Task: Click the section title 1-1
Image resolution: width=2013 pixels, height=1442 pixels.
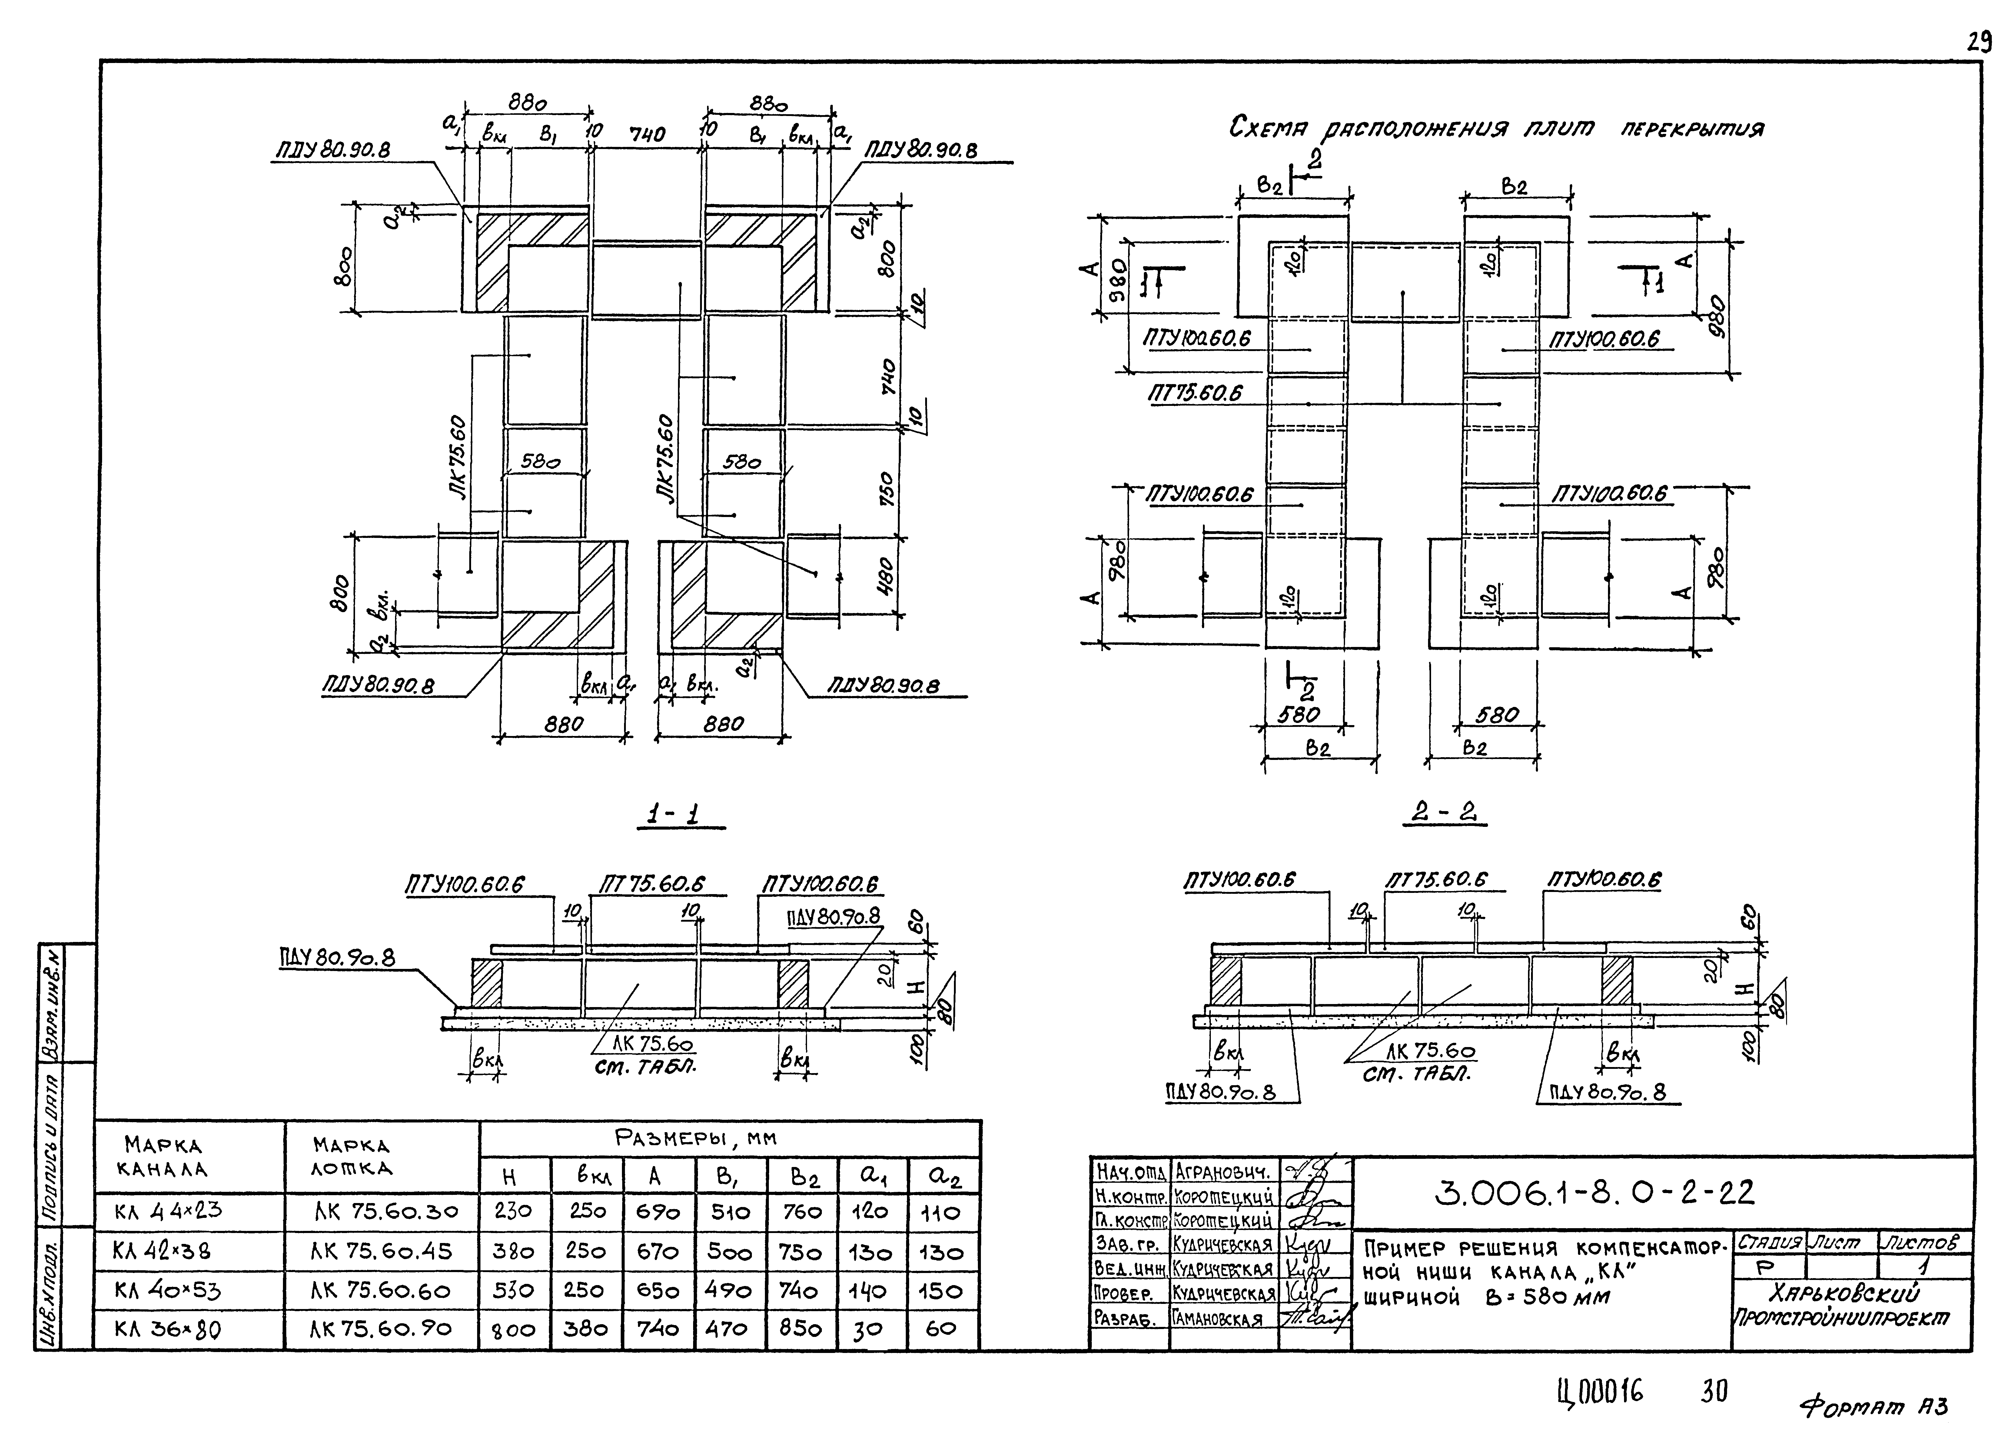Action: [679, 815]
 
